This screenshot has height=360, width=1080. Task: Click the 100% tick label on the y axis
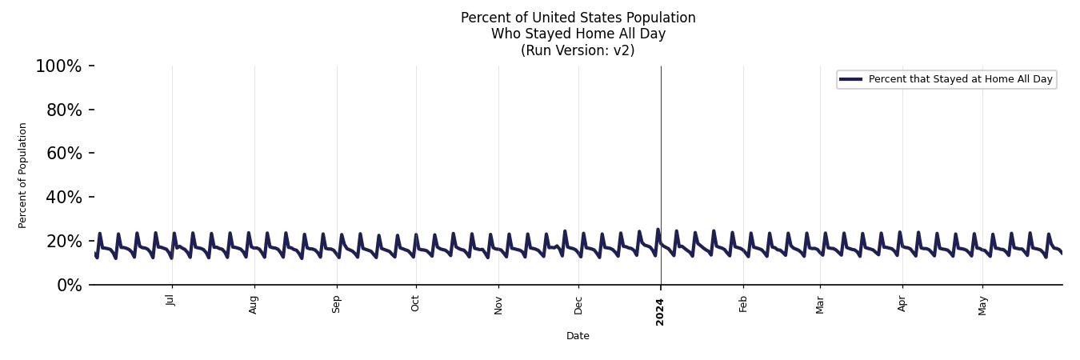[58, 66]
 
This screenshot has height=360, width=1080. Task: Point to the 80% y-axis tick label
[64, 110]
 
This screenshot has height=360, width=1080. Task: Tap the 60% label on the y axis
[64, 154]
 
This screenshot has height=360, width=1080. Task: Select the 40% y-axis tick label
[64, 198]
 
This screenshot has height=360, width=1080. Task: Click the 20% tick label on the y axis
[64, 242]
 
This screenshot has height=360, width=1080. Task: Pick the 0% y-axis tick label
[70, 286]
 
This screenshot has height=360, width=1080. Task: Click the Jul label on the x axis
[170, 300]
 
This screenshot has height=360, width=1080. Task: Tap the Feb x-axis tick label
[743, 303]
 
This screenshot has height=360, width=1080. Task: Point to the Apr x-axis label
[902, 303]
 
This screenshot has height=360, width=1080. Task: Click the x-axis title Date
[578, 336]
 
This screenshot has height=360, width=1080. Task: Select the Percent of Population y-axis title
[23, 175]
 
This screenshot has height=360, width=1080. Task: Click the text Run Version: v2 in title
[578, 50]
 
